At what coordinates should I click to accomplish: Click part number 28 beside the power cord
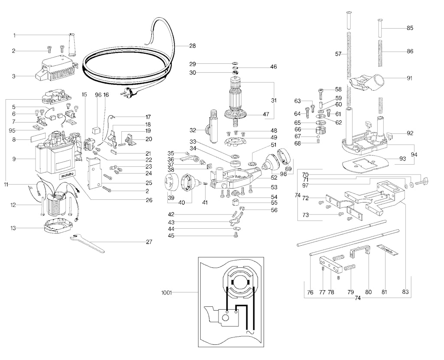192,45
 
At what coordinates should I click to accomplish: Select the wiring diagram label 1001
166,293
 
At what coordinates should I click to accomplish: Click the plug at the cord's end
129,92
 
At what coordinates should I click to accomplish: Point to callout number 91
409,78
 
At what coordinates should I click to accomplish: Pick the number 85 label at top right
409,28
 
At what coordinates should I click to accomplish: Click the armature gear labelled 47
236,116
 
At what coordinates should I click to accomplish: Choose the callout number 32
193,130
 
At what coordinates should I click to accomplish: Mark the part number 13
13,228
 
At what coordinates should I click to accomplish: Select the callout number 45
171,236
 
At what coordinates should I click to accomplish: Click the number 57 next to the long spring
339,54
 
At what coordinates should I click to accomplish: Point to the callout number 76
310,292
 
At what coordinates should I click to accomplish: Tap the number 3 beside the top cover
13,76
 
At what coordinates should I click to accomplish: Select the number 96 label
98,94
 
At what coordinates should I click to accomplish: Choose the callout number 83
405,292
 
